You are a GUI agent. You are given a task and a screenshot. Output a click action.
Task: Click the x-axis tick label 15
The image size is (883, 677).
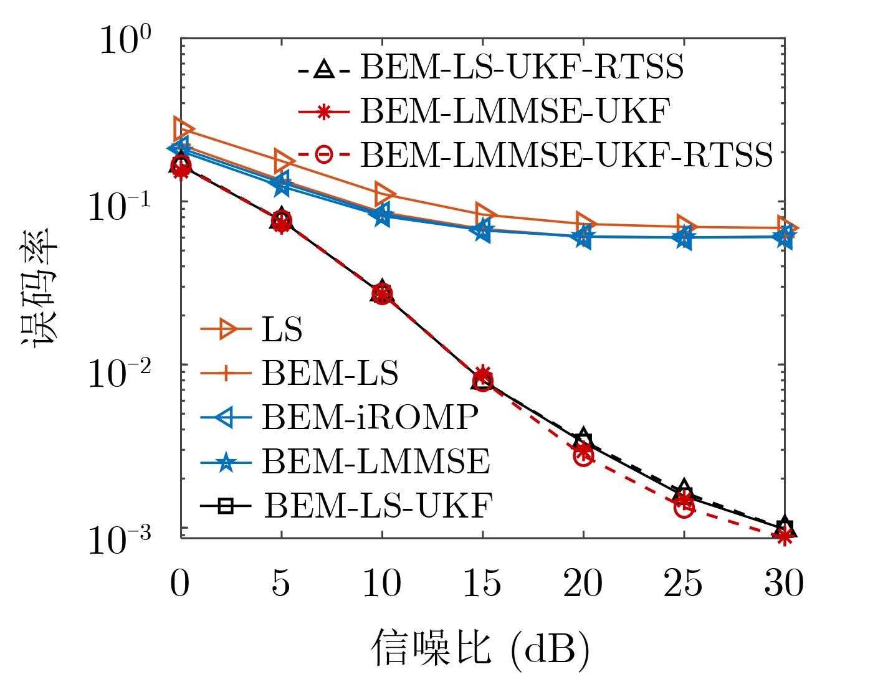pos(482,584)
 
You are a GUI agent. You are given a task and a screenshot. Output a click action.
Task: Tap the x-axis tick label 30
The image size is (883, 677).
pos(784,584)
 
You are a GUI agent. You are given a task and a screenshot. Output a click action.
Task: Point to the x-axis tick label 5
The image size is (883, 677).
pos(281,584)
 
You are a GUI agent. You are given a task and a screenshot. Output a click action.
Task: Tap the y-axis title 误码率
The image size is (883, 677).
pos(39,288)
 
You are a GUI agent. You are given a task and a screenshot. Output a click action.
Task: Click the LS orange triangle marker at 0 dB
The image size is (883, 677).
pos(183,129)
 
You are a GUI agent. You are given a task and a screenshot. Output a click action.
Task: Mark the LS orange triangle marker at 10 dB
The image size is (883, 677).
pos(384,194)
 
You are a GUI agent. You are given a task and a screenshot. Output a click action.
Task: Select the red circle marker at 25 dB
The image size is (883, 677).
pos(684,508)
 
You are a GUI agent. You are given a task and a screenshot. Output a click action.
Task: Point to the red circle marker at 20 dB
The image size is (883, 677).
pos(583,457)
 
